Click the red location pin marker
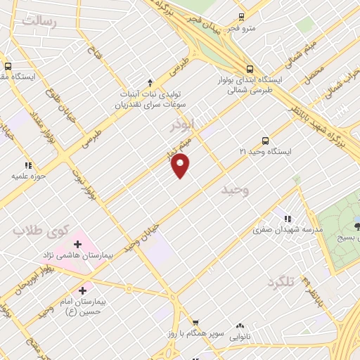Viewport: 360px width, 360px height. pyautogui.click(x=181, y=165)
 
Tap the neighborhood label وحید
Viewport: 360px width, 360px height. pyautogui.click(x=235, y=191)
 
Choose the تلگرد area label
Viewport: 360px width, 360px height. pyautogui.click(x=278, y=282)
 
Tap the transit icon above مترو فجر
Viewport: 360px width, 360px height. pyautogui.click(x=242, y=17)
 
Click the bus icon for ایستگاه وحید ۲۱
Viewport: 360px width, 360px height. pyautogui.click(x=265, y=140)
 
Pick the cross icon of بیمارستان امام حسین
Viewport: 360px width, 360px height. pyautogui.click(x=83, y=290)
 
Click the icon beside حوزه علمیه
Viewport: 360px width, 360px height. pyautogui.click(x=29, y=165)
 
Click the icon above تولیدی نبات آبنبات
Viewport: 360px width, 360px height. pyautogui.click(x=149, y=83)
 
